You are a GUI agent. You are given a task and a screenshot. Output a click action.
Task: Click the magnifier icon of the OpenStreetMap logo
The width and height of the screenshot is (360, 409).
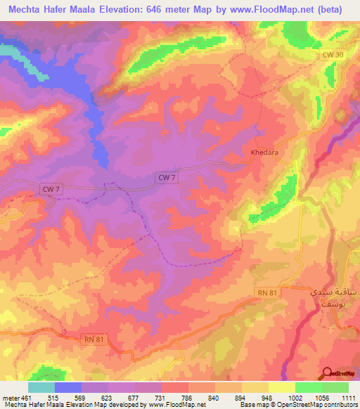coord(328,373)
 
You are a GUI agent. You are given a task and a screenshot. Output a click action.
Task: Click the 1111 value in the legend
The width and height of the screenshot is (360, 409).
coord(348,398)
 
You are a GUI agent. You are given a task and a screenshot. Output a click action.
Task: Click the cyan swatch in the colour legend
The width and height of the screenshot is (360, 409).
coord(41,387)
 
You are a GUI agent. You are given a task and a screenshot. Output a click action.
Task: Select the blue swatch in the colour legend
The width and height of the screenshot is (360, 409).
coord(68,387)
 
